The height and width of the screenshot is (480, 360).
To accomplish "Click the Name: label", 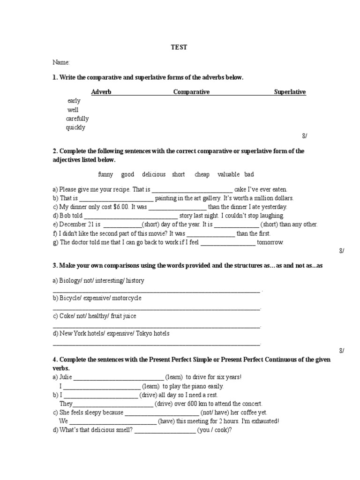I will [x=61, y=62].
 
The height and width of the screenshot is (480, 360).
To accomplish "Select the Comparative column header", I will [x=191, y=92].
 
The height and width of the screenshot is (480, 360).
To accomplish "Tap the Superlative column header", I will [x=290, y=92].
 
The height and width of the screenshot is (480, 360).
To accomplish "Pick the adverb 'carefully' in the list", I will [x=77, y=119].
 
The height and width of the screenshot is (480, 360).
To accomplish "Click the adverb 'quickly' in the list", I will [x=75, y=127].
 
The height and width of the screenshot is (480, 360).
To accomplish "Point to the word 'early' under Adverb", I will [x=74, y=101].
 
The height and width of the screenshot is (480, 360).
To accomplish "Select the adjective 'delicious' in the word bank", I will [x=154, y=174].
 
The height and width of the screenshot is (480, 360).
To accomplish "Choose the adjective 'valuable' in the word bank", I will [x=228, y=174].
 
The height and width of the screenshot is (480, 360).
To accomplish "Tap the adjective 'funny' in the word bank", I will [x=105, y=174].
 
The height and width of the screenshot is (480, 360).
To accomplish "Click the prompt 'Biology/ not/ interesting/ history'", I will [x=98, y=281].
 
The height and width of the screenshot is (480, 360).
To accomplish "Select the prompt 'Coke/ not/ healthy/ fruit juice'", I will [x=94, y=316].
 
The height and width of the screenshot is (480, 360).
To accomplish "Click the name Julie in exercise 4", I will [x=66, y=377].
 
